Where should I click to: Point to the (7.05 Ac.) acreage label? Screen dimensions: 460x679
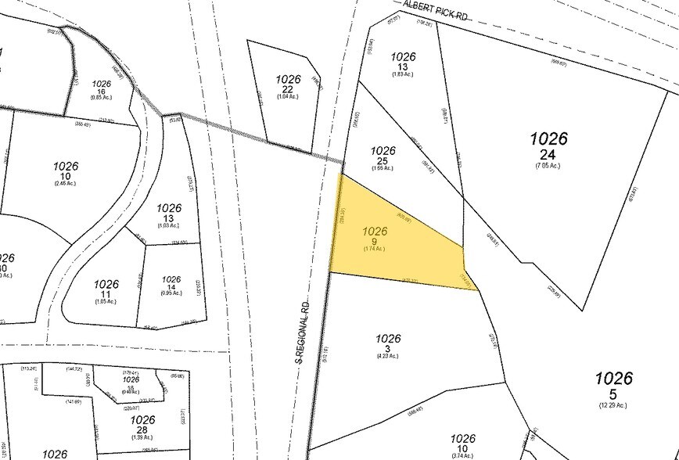tap(548, 166)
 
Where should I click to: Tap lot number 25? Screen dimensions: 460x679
tap(383, 160)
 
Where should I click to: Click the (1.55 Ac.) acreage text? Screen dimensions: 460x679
tap(383, 168)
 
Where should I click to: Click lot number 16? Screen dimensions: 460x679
tap(102, 91)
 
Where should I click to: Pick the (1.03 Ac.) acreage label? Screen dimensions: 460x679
tap(169, 225)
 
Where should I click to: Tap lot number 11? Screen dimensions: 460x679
tap(106, 293)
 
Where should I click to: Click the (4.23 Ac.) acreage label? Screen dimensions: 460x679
tap(388, 356)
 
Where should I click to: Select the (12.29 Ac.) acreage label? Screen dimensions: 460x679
tap(613, 405)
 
